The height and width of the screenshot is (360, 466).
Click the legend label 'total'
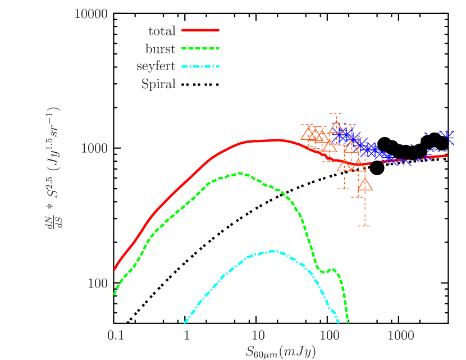click(162, 31)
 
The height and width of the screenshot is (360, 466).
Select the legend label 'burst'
click(160, 49)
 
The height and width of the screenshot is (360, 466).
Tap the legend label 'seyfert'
click(156, 67)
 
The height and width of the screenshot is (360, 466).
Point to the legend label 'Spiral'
click(158, 85)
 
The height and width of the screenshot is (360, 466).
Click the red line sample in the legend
click(200, 30)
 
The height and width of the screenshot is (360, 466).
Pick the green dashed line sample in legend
click(200, 48)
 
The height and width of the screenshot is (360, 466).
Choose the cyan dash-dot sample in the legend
click(200, 66)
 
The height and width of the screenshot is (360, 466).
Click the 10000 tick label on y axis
click(91, 13)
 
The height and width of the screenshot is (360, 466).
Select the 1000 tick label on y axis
click(94, 148)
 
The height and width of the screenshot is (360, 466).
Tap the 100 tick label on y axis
click(98, 283)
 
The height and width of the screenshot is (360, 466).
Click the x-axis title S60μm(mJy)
click(280, 352)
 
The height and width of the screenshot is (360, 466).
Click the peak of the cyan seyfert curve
click(272, 251)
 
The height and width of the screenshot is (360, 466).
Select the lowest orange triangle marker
click(364, 185)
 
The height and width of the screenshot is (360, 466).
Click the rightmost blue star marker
click(447, 135)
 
